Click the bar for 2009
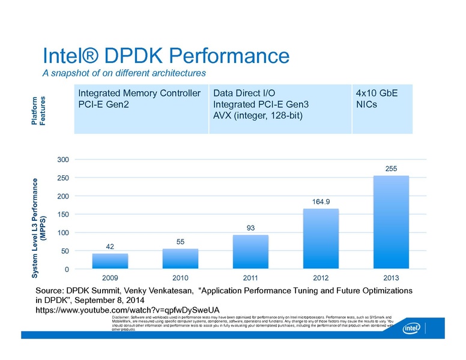coord(110,261)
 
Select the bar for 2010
coord(180,259)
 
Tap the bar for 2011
coord(250,252)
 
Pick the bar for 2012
coord(321,239)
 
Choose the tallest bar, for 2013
coord(391,222)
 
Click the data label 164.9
coord(321,202)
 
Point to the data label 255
coord(391,169)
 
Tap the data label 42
coord(110,247)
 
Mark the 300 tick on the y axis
coord(62,160)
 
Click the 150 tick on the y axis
coord(62,215)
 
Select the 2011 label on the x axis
coord(250,279)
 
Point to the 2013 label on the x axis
coord(391,279)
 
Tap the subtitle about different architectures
coord(124,73)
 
